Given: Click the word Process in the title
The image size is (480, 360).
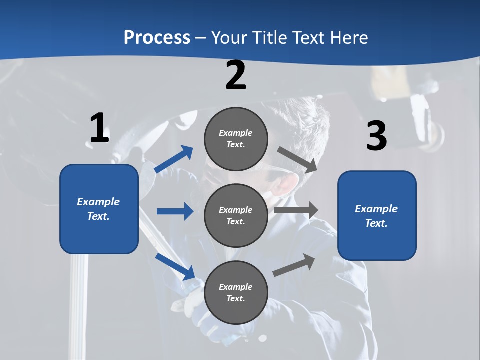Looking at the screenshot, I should (x=157, y=37).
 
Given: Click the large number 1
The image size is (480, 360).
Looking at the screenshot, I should (x=99, y=128).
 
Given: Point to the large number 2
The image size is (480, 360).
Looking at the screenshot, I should (x=236, y=75).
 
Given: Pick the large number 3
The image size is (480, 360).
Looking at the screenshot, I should (x=376, y=136).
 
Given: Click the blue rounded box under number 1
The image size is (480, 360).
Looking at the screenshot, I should (x=99, y=209).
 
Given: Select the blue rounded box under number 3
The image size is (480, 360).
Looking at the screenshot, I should (x=377, y=216).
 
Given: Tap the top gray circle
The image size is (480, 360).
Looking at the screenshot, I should (x=236, y=139).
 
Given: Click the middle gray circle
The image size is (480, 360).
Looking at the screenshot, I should (x=236, y=215).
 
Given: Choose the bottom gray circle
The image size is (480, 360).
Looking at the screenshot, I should (x=236, y=292).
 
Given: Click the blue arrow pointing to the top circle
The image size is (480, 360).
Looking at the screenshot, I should (x=174, y=159).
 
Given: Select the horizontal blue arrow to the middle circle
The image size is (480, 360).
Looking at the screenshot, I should (x=175, y=211).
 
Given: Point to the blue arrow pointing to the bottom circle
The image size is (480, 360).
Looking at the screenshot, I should (x=175, y=266).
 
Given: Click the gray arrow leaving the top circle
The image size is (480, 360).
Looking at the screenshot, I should (x=297, y=159).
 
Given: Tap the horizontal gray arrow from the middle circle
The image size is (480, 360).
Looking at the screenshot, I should (x=296, y=210).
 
